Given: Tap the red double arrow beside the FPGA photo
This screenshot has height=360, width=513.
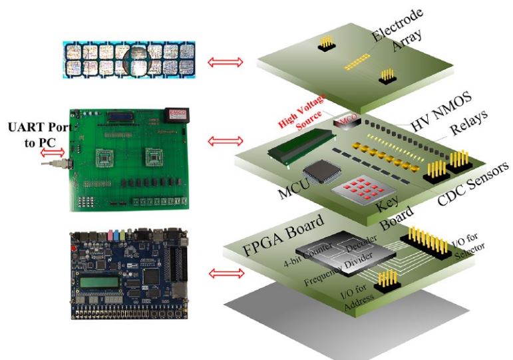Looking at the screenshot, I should pos(222,273).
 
